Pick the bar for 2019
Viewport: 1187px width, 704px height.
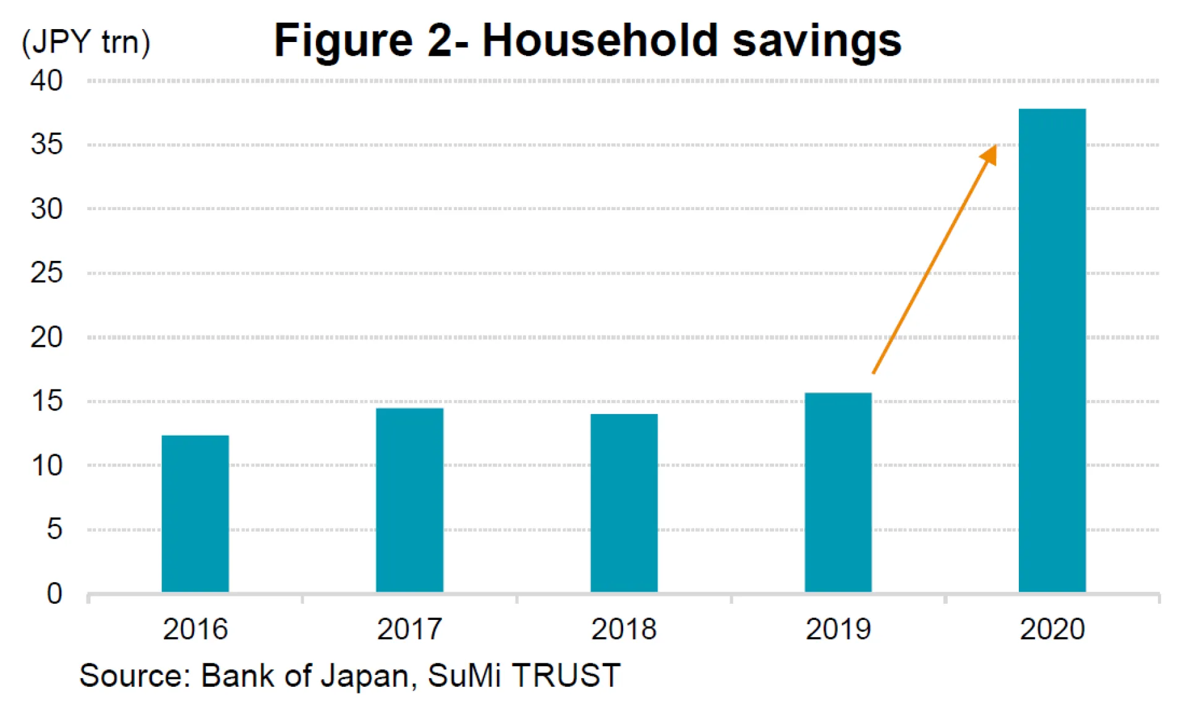pyautogui.click(x=838, y=492)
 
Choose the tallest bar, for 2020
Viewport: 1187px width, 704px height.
pyautogui.click(x=1052, y=350)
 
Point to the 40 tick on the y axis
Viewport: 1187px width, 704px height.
pyautogui.click(x=46, y=81)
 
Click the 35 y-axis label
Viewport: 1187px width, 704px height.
pyautogui.click(x=46, y=145)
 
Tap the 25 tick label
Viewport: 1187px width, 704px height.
pyautogui.click(x=46, y=273)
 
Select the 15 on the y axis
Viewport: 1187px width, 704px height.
pyautogui.click(x=46, y=401)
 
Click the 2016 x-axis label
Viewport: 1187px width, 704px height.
pyautogui.click(x=195, y=629)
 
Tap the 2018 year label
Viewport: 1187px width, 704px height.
pyautogui.click(x=624, y=629)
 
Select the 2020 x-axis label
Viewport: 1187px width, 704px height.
pyautogui.click(x=1052, y=629)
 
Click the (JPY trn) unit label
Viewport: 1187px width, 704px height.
pyautogui.click(x=86, y=42)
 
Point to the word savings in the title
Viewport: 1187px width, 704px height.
pyautogui.click(x=817, y=42)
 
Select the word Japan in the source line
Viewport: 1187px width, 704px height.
pyautogui.click(x=364, y=675)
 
